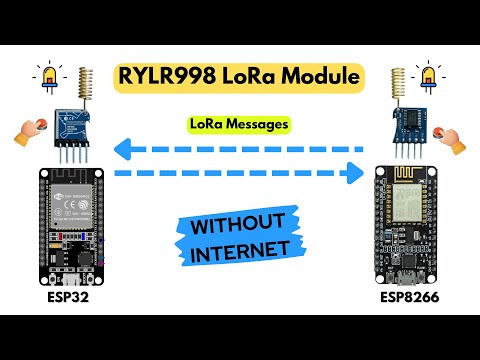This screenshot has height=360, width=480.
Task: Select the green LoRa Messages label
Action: point(240,124)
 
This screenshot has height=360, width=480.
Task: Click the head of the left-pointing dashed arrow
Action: point(122,151)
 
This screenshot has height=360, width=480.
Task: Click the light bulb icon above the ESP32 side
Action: point(48,78)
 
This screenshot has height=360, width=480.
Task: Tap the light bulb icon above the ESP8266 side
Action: point(432,78)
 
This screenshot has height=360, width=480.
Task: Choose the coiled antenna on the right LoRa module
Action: point(399,87)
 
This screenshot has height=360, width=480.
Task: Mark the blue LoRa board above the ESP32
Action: point(79,123)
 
